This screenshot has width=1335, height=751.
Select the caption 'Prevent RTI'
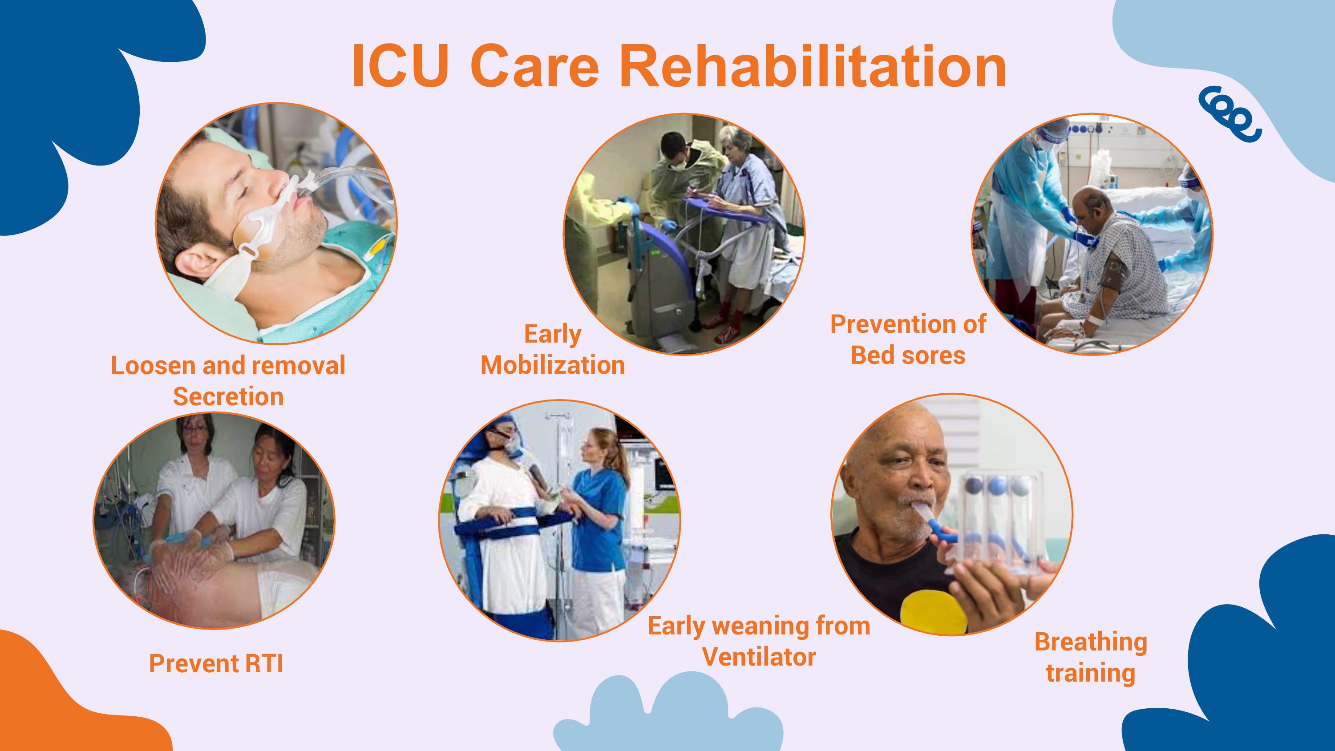(216, 663)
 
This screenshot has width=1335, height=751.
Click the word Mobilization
(553, 365)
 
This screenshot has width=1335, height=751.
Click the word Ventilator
(759, 657)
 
